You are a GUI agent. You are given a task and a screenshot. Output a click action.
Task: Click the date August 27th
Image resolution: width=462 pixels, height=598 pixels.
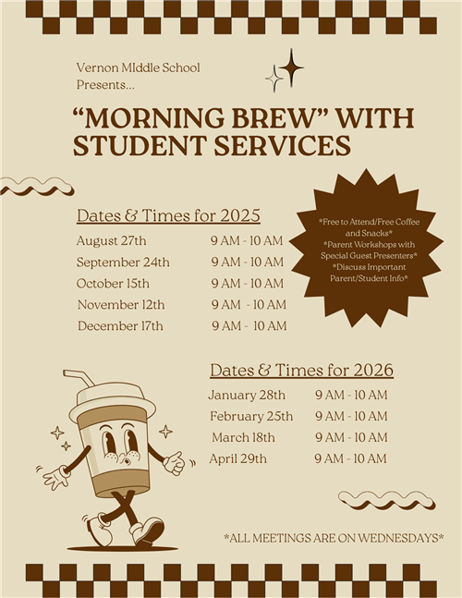111,241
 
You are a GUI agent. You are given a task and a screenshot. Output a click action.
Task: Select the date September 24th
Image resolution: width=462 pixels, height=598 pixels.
123,262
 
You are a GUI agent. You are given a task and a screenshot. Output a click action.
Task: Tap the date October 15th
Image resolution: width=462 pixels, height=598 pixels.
113,284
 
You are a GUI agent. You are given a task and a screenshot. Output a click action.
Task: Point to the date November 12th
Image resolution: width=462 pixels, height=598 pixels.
121,305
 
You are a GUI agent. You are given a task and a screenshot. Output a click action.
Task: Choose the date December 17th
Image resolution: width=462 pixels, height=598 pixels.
120,326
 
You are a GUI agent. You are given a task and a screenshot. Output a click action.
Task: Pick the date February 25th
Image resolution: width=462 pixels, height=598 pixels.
251,416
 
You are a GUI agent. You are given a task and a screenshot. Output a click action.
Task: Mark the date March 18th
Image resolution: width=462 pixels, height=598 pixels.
243,437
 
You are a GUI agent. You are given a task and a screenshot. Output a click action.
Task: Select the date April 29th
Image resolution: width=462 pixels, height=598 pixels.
237,458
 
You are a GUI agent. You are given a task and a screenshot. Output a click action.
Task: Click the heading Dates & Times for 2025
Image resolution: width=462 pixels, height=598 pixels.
168,216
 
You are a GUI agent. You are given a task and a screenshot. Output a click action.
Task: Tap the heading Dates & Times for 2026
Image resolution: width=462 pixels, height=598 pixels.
301,371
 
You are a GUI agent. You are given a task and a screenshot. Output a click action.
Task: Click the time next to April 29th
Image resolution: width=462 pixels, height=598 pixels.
351,458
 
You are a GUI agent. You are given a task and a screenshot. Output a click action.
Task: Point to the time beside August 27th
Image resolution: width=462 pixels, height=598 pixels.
248,241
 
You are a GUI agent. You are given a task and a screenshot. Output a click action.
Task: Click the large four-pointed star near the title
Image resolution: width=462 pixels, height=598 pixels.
291,67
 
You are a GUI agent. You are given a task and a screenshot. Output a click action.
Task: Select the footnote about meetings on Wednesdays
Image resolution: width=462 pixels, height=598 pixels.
334,537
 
